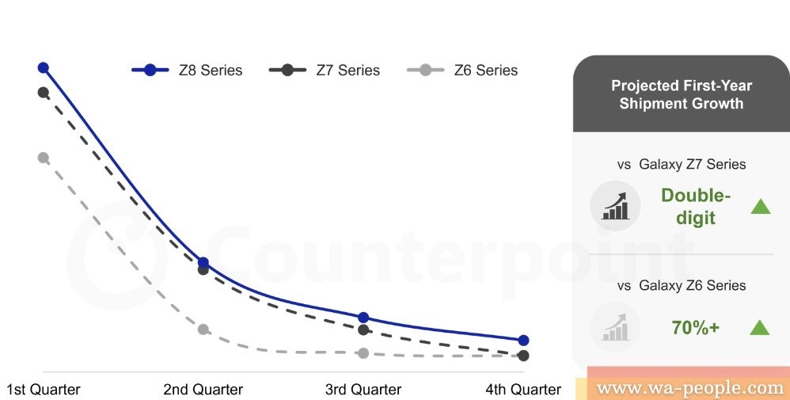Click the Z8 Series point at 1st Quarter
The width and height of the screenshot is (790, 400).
click(44, 67)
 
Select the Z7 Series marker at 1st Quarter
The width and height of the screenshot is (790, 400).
click(44, 93)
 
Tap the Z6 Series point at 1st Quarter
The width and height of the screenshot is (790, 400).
click(44, 158)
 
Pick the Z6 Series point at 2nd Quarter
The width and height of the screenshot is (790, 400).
click(203, 330)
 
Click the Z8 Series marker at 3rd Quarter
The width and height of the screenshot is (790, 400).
click(363, 318)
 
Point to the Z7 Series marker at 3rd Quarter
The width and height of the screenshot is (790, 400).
click(363, 330)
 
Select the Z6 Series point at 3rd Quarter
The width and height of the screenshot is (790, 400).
click(363, 353)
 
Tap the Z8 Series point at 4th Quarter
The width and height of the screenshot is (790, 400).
click(523, 341)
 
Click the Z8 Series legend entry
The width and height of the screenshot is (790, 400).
click(187, 70)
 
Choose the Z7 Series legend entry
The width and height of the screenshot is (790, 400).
click(325, 70)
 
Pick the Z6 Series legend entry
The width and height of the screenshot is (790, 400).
click(462, 70)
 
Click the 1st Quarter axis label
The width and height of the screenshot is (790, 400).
click(44, 390)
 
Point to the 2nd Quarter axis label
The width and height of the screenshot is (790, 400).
click(203, 390)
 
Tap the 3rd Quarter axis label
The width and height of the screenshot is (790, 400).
click(363, 390)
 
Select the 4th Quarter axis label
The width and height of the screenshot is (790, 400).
click(523, 390)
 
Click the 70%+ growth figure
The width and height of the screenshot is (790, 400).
click(695, 328)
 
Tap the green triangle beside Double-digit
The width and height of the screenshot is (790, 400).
click(760, 206)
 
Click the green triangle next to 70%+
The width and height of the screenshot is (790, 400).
click(760, 328)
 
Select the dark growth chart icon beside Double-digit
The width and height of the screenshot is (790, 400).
click(615, 206)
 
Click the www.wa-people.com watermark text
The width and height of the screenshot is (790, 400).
click(689, 388)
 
